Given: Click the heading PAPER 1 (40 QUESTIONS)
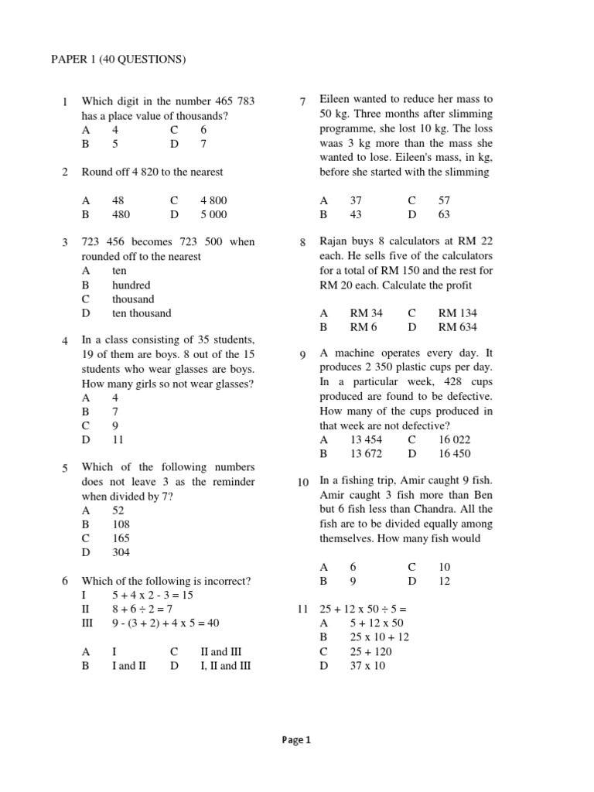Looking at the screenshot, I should coord(118,60).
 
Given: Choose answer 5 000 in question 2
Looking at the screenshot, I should coord(214,214).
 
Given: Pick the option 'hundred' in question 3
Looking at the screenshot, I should coord(131,285).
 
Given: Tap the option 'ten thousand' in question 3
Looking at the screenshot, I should coord(142,313).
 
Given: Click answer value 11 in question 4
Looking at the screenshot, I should coord(118,439).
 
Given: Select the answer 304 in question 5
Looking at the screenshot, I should coord(121,552).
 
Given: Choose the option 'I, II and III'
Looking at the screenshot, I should coord(225,665).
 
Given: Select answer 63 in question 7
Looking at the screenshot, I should coord(443,214).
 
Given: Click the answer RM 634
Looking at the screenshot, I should coord(457,327).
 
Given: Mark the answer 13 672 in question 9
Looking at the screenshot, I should coord(367,453).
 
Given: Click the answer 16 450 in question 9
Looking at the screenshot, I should coord(454,453).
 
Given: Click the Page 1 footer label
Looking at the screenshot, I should coord(296,739).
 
